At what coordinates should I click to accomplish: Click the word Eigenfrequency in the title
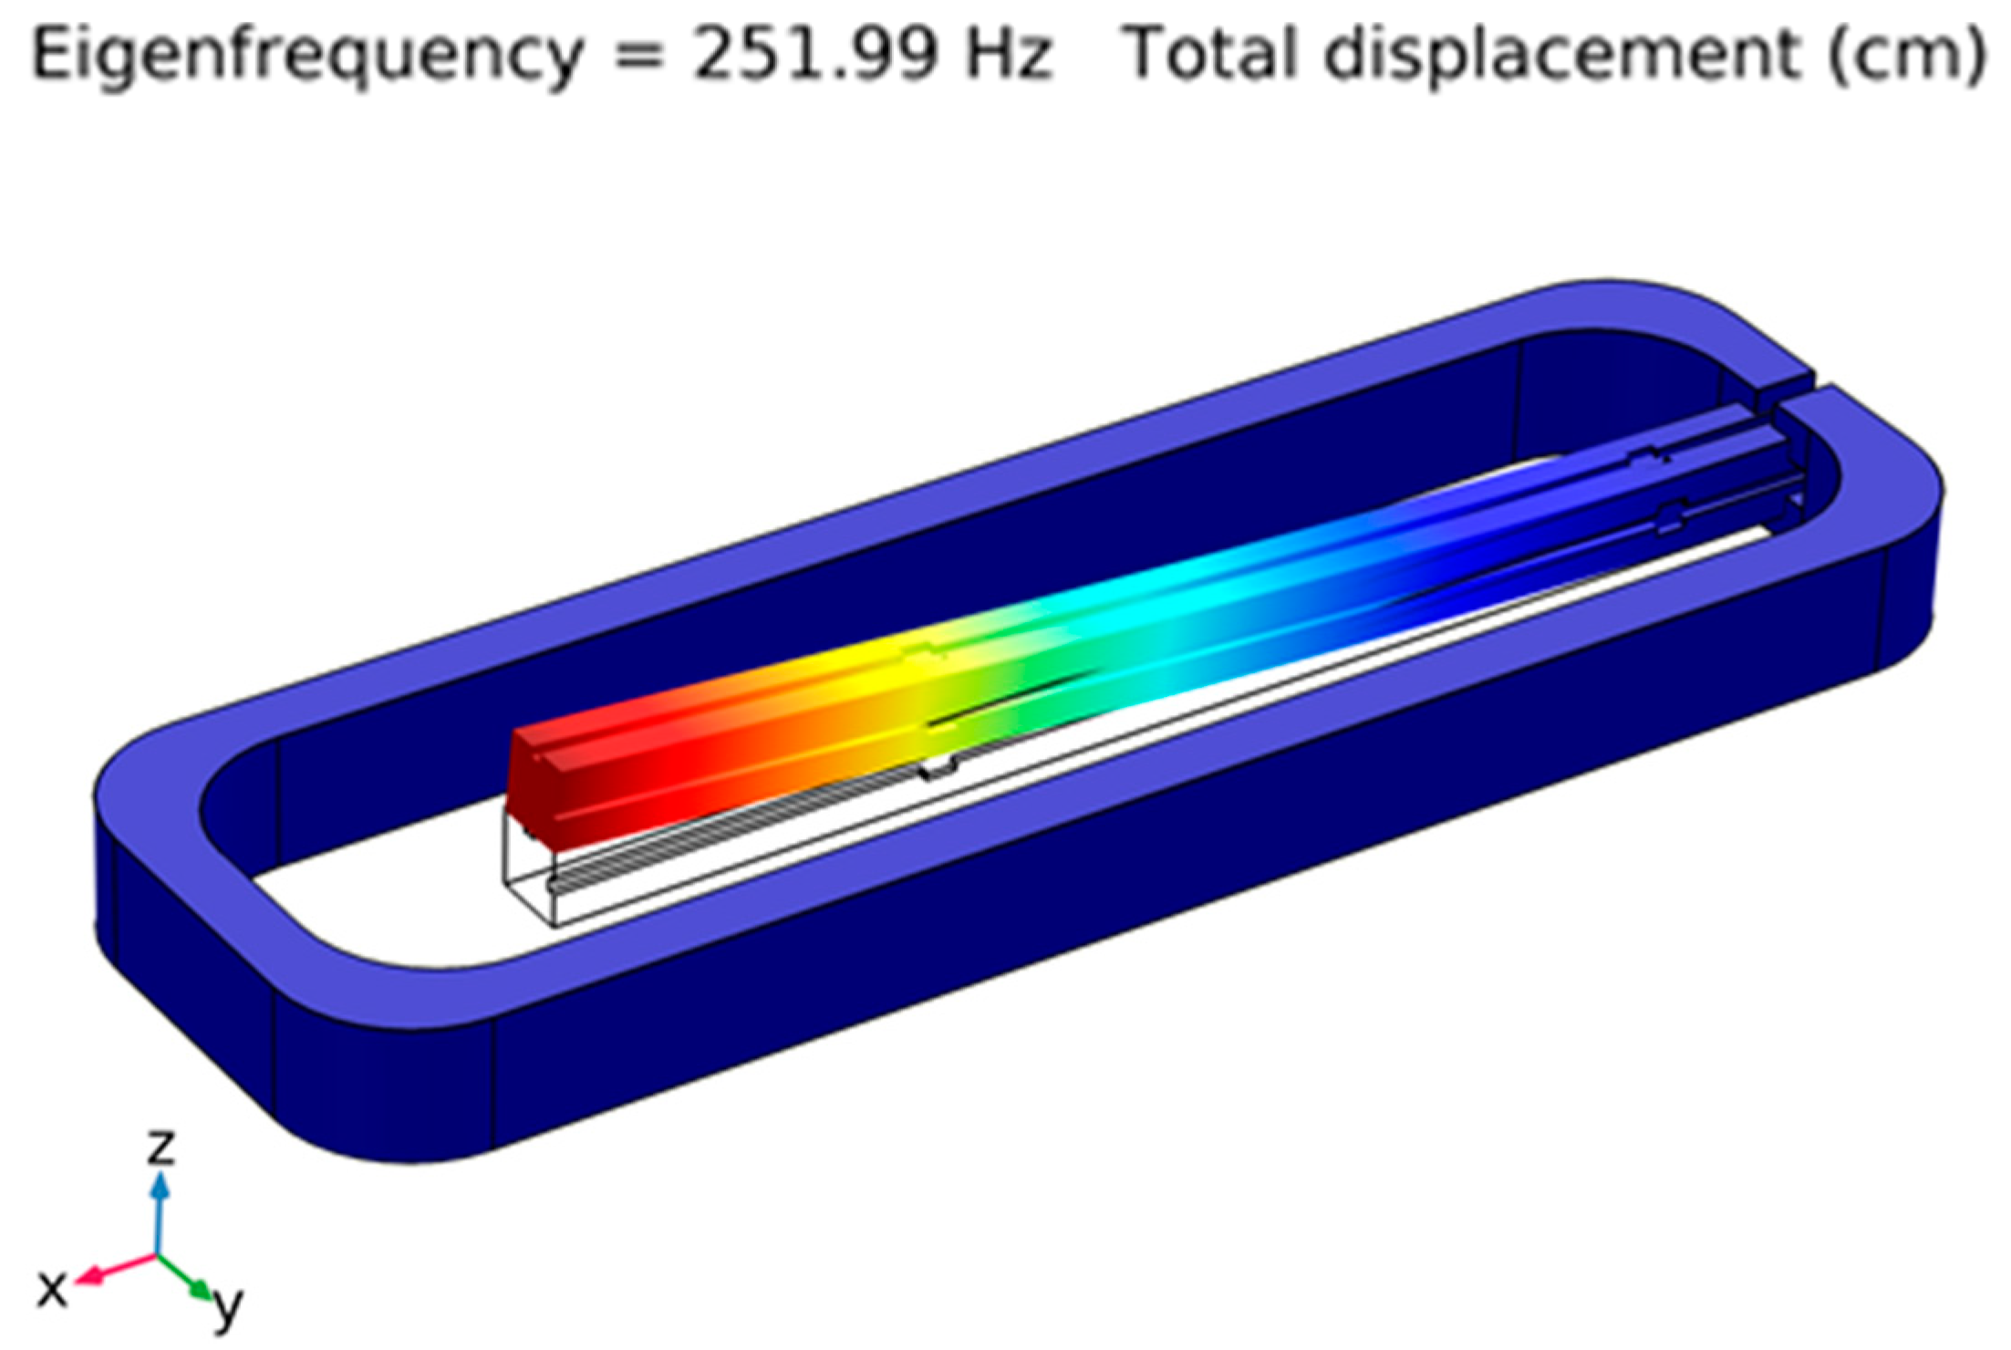tap(307, 54)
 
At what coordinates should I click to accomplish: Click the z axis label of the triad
tap(161, 1147)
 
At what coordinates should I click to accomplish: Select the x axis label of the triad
tap(52, 1289)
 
